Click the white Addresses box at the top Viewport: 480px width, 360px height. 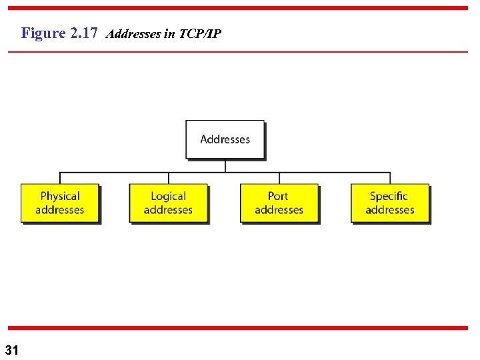(x=225, y=139)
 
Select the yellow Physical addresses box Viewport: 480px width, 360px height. (x=60, y=203)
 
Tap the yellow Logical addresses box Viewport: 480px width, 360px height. (x=168, y=203)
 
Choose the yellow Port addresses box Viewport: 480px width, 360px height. (x=279, y=203)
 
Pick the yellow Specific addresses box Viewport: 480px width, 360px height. (x=390, y=203)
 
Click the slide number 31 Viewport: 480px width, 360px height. (x=12, y=350)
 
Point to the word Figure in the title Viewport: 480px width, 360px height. (x=43, y=33)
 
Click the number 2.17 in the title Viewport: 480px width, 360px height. (x=84, y=33)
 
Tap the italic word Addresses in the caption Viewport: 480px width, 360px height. (x=133, y=34)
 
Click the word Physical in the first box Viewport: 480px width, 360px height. (x=60, y=196)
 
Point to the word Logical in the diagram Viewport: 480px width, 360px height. (x=168, y=196)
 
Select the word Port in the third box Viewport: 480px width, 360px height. (x=278, y=196)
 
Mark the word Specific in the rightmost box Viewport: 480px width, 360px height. (x=389, y=196)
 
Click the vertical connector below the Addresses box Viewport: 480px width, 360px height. (x=225, y=165)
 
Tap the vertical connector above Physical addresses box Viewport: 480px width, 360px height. (x=60, y=178)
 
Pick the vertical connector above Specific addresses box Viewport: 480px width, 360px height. (x=390, y=178)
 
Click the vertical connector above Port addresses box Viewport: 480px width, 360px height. (x=279, y=178)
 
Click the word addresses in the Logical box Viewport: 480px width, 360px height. (x=168, y=210)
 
